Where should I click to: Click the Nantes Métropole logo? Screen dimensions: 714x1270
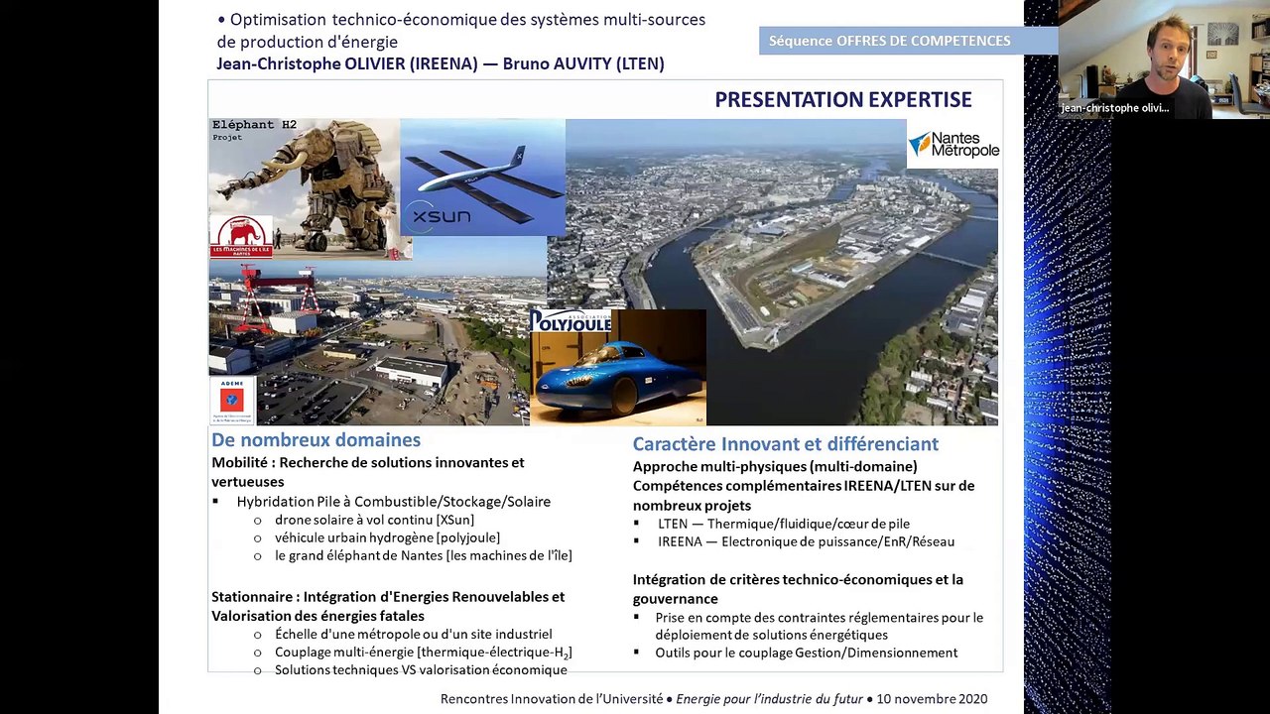[952, 145]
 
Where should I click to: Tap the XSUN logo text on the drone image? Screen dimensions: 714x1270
[442, 215]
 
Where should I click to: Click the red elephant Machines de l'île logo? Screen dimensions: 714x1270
[241, 236]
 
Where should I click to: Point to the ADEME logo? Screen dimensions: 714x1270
[231, 401]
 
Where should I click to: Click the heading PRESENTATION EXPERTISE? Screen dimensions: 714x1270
[842, 100]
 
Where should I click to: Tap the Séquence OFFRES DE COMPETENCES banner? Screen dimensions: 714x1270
[890, 41]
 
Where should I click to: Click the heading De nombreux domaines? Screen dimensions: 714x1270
[316, 440]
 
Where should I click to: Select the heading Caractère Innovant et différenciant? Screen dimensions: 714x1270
[785, 444]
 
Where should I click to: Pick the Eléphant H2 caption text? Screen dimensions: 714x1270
[254, 125]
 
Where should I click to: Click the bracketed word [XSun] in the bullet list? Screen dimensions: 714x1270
[454, 520]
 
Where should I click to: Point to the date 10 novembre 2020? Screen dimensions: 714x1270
[932, 699]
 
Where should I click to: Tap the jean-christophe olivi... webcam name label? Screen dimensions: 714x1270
[1113, 108]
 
